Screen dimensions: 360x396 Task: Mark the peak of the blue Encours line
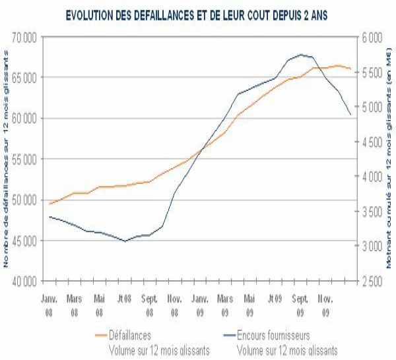301,55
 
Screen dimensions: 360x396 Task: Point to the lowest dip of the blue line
125,241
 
